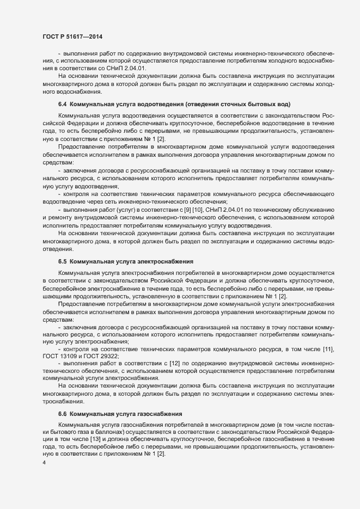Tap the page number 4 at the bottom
pos(44,462)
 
